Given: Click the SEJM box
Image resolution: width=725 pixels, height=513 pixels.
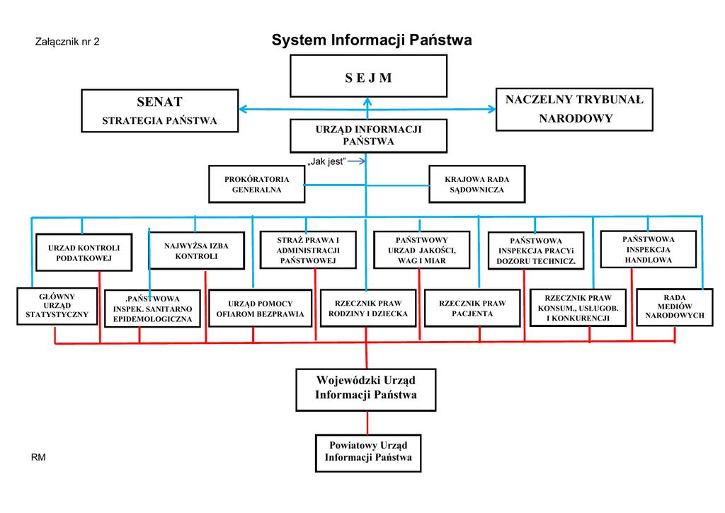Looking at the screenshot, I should pos(368,76).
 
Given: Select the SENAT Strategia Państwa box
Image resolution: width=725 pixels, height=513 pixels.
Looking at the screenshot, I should pos(159,110).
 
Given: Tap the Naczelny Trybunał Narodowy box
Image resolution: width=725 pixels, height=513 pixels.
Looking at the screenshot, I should pos(574,109).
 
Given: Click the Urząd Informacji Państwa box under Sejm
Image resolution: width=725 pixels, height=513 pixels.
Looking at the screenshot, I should pos(368,135).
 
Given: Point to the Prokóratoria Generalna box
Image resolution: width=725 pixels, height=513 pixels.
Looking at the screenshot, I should pos(256,184).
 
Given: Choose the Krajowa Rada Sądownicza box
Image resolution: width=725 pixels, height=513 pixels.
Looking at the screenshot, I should pos(476,184).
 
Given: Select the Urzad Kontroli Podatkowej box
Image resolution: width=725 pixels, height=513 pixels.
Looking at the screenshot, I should pos(84,253).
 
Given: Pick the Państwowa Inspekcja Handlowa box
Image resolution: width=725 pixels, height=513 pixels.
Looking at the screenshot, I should pos(648,249).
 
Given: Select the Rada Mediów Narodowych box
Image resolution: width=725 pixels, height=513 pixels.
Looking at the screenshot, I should pos(674,306).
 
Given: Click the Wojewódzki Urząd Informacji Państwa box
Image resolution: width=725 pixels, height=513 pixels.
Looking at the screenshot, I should pos(366,388).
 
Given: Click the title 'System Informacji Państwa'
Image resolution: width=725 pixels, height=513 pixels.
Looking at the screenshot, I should pos(372,40).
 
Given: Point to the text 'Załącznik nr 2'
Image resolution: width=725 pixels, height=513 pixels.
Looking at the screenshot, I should pos(67,42).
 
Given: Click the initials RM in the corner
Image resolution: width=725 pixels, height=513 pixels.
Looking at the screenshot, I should pos(38,458).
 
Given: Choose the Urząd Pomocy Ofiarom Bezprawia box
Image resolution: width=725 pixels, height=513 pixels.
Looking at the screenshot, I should pos(260,309).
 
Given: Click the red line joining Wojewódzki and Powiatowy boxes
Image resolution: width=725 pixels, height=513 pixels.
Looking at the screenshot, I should pos(367,422).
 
